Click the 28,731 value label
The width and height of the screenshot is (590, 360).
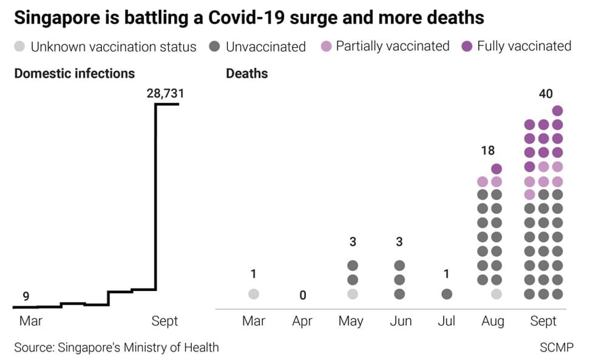[165, 93]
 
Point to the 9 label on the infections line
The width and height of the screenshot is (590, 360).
[26, 297]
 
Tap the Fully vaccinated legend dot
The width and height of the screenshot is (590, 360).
[468, 47]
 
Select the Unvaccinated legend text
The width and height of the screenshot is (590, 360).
[266, 47]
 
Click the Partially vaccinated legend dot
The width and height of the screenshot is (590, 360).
[327, 47]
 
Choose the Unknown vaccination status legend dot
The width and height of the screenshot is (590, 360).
[20, 47]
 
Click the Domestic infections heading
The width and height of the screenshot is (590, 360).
[74, 73]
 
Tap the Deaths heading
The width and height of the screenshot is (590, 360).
[247, 73]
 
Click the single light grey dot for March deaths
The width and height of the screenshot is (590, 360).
[254, 294]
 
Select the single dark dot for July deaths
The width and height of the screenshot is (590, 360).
[447, 294]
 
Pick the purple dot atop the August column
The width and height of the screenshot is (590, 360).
[497, 168]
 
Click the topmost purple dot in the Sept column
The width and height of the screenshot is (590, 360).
[557, 111]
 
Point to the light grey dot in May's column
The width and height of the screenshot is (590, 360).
[353, 294]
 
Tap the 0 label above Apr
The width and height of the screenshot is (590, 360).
[302, 295]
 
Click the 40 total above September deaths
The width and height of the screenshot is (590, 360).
[544, 94]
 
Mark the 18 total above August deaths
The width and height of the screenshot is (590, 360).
[487, 151]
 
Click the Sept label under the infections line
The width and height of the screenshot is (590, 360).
[165, 321]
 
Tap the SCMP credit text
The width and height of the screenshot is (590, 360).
[557, 347]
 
